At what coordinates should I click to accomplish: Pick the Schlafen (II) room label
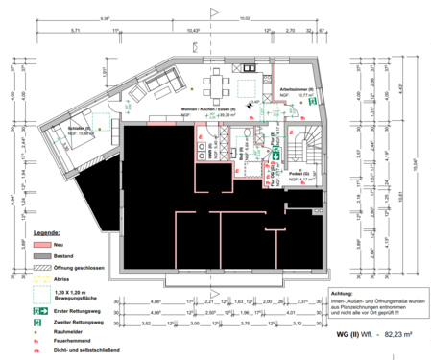[80, 128]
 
